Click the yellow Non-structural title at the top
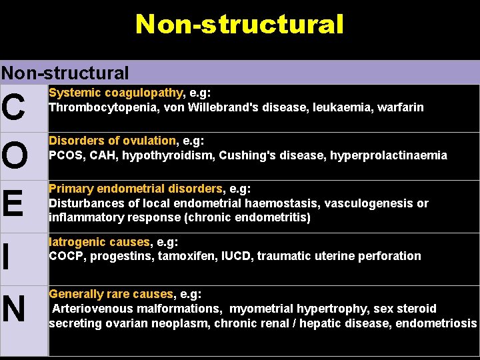pyautogui.click(x=239, y=25)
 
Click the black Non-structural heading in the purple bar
pyautogui.click(x=65, y=73)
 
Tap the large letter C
pyautogui.click(x=15, y=108)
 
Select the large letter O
pyautogui.click(x=15, y=156)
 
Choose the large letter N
pyautogui.click(x=14, y=309)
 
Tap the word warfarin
pyautogui.click(x=400, y=107)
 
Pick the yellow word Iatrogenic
pyautogui.click(x=75, y=241)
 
